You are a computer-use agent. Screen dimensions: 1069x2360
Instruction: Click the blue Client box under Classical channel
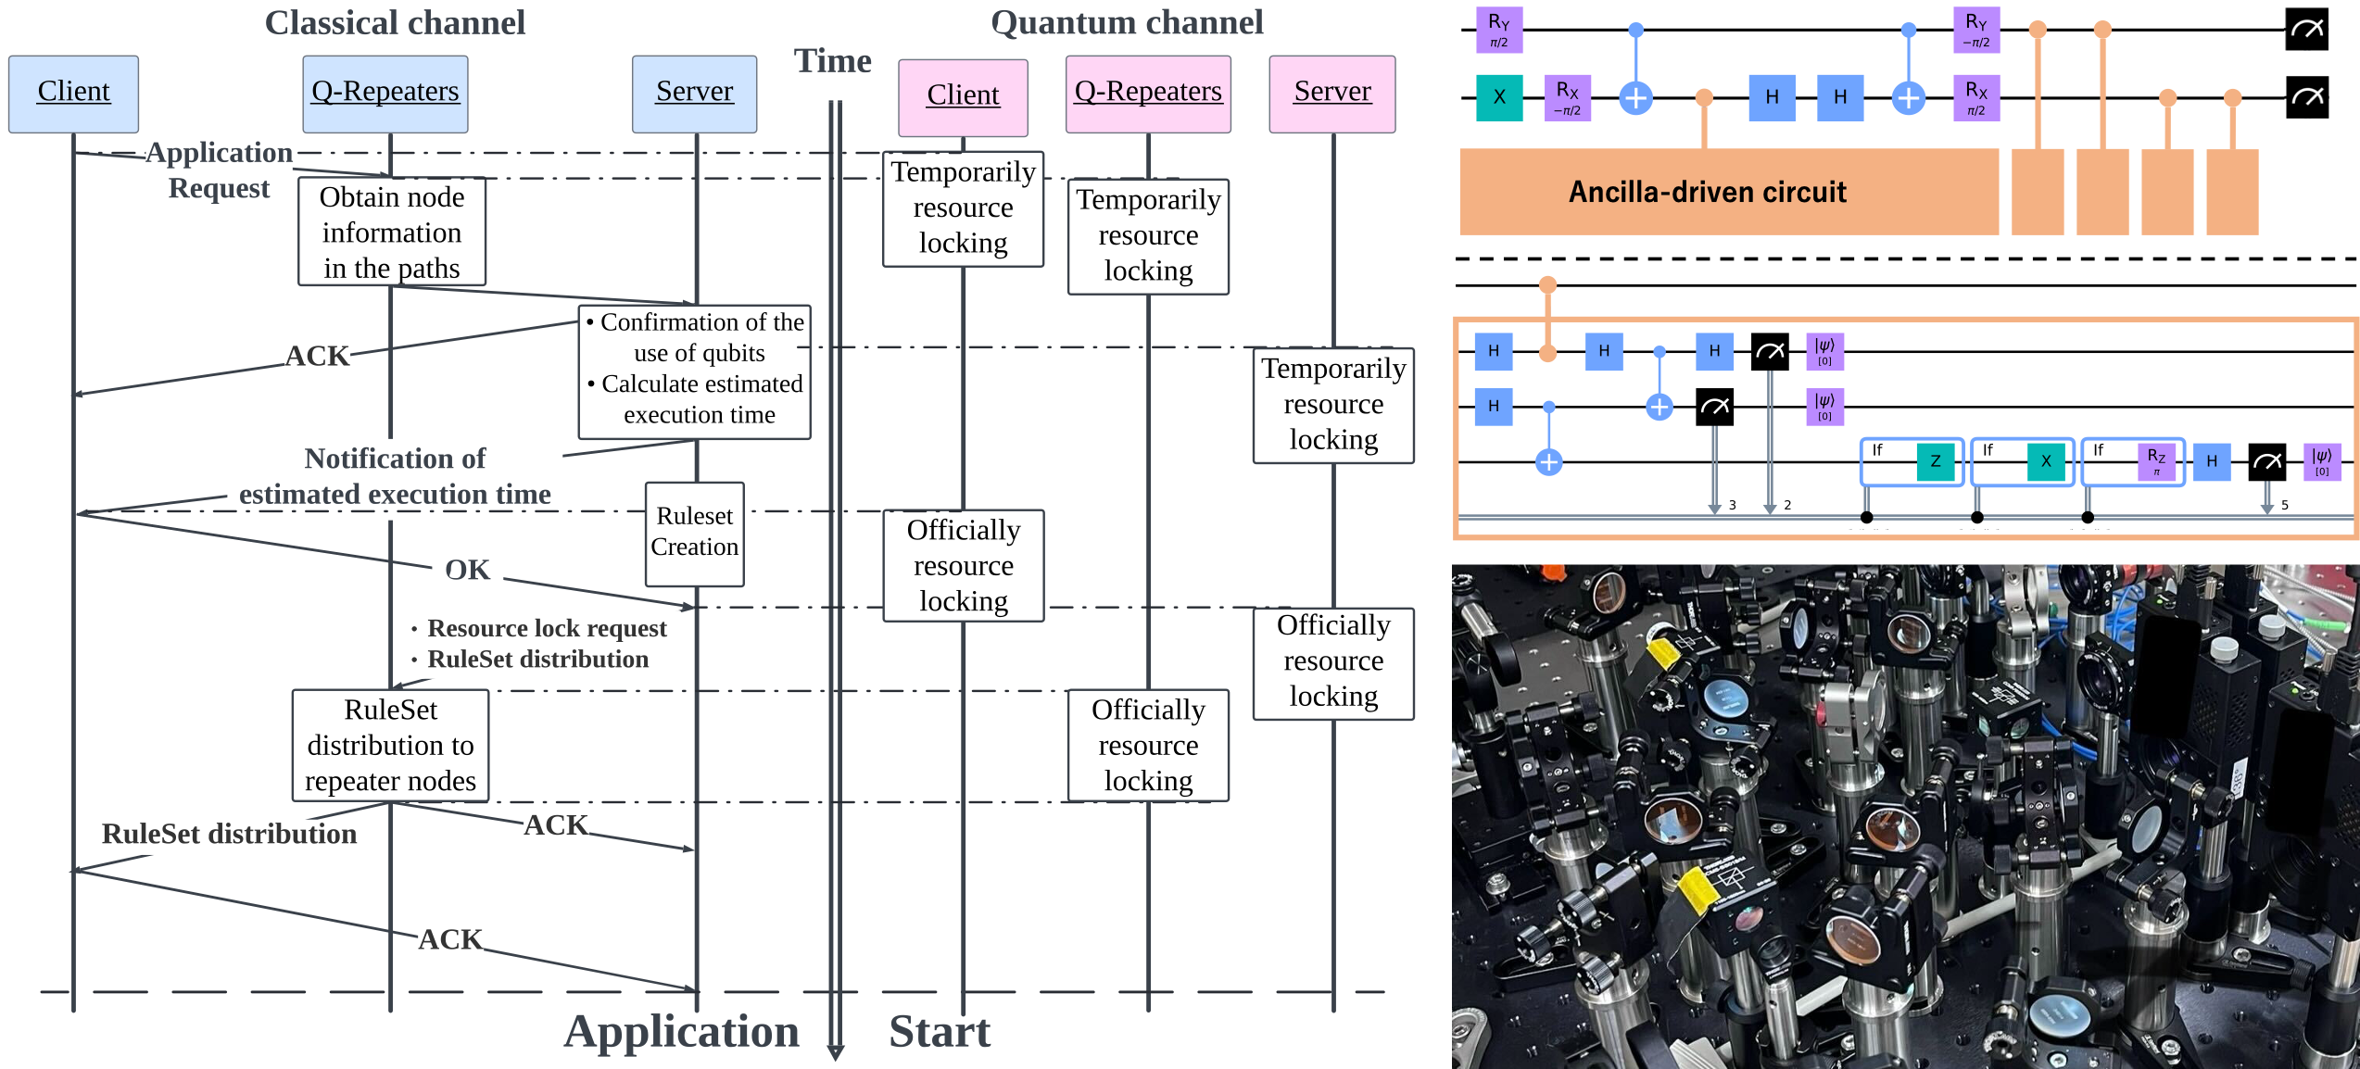click(73, 94)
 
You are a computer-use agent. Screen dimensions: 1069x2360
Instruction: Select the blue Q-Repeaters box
click(385, 94)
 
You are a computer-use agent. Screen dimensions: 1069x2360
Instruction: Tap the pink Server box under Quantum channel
click(1331, 94)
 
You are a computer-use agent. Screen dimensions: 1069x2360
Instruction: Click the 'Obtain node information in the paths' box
click(391, 232)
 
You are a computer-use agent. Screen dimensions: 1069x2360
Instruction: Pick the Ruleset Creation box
click(694, 533)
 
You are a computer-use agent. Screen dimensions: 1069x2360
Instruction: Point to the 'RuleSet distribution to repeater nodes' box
click(390, 745)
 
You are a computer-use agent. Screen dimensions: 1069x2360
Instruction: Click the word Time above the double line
click(832, 61)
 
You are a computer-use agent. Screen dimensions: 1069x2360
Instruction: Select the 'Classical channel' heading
click(395, 22)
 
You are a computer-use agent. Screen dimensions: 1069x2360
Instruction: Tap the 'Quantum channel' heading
click(1126, 22)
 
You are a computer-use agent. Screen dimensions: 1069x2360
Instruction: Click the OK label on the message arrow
click(467, 570)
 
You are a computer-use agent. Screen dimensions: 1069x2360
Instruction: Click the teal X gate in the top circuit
click(1498, 97)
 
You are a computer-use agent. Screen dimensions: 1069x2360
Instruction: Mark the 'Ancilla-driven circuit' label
click(1707, 192)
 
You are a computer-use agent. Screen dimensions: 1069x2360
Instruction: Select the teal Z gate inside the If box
click(1935, 461)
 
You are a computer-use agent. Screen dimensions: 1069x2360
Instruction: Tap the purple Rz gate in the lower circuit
click(2156, 461)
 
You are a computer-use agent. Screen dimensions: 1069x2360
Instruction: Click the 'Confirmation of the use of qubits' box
click(694, 371)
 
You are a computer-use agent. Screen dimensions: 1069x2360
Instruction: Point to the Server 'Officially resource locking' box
click(1332, 661)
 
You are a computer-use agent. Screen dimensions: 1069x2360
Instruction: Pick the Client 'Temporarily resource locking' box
click(963, 208)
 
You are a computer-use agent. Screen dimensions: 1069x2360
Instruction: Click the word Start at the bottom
click(939, 1031)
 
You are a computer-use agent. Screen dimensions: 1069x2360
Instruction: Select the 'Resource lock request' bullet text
click(547, 628)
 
